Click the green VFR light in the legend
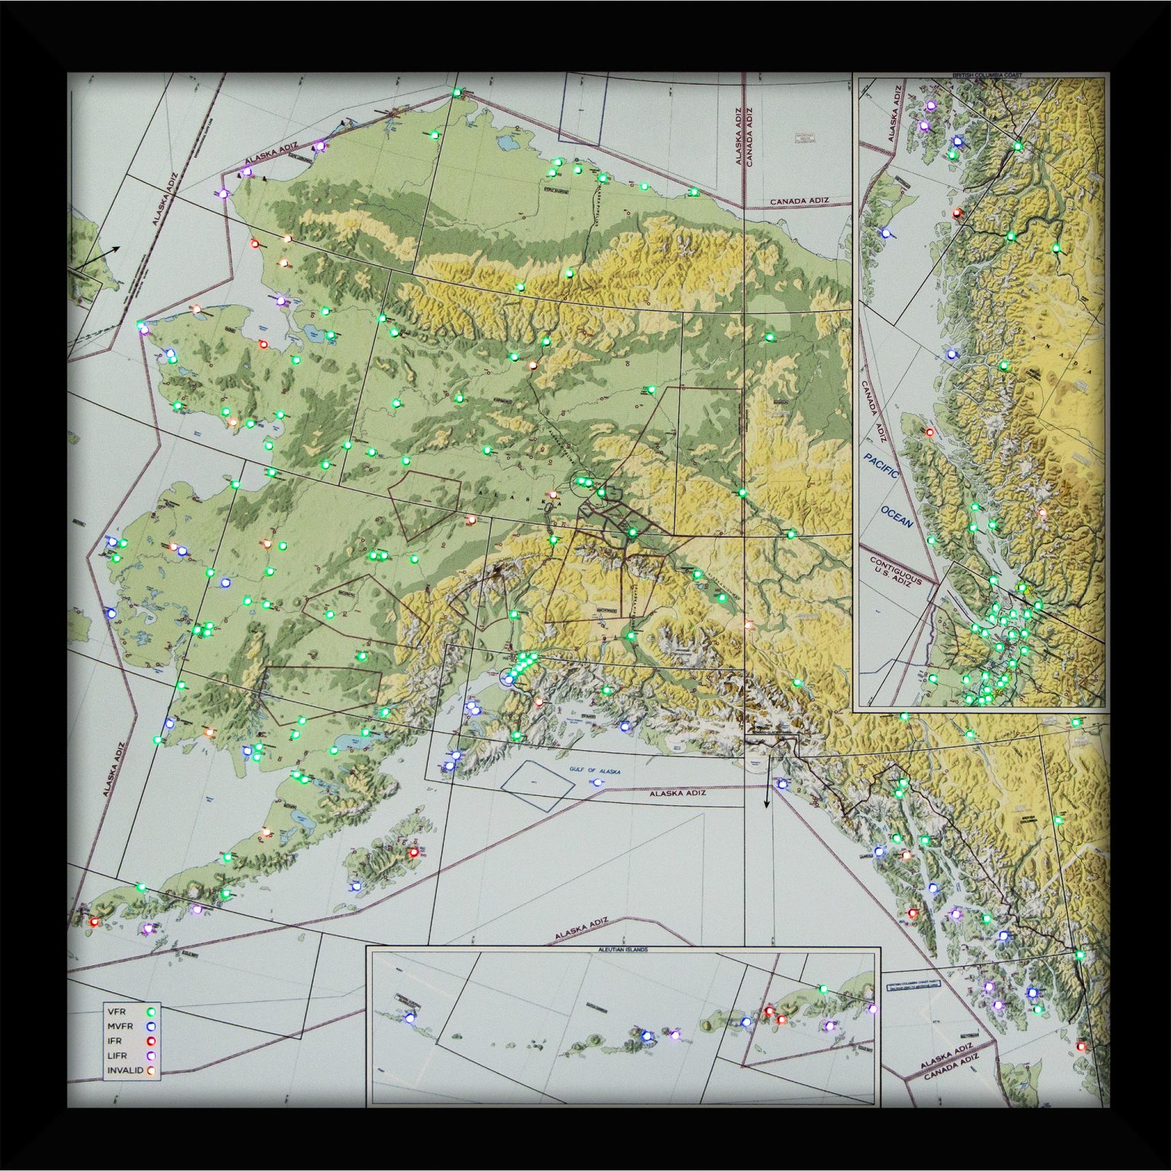tap(151, 1011)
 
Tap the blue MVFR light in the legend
tap(151, 1026)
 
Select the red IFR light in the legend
tap(151, 1041)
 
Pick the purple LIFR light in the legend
tap(151, 1056)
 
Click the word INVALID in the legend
tap(125, 1070)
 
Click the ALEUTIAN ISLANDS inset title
tap(624, 951)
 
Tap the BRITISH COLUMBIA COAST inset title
tap(987, 75)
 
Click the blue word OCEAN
tap(897, 516)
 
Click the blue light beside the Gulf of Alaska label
tap(597, 782)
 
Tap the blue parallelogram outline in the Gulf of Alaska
tap(537, 784)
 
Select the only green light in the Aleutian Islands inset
tap(823, 989)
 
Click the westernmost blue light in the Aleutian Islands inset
tap(410, 1017)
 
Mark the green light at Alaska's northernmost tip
tap(457, 92)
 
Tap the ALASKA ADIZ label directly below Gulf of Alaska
tap(677, 794)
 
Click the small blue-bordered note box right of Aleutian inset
tap(913, 984)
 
